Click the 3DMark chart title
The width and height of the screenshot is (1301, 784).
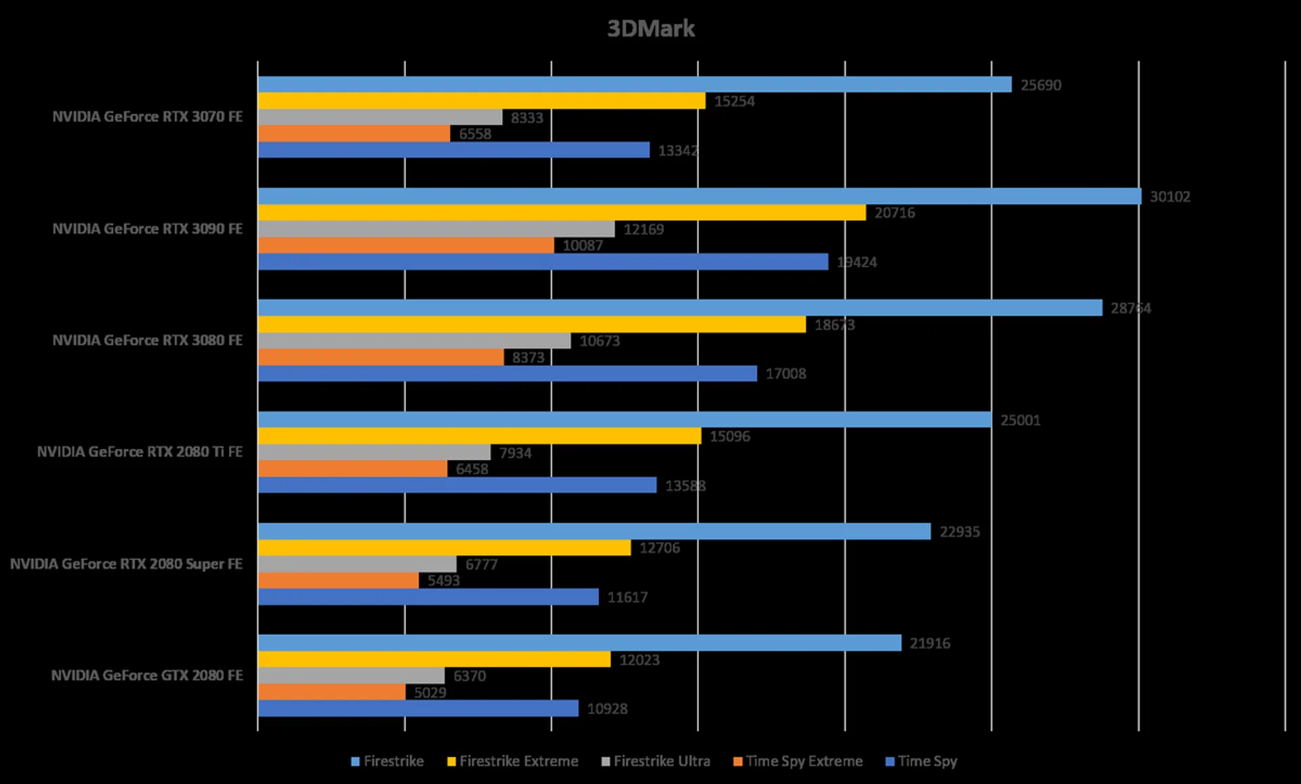coord(650,28)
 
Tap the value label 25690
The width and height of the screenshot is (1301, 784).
coord(1041,85)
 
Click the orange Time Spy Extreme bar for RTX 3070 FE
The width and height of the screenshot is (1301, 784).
coord(354,133)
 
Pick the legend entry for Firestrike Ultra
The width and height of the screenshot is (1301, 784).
coord(655,761)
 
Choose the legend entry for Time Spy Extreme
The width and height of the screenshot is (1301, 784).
coord(798,761)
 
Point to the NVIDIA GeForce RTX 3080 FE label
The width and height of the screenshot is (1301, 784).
coord(147,340)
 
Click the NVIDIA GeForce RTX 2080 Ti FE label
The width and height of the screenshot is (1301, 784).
coord(140,452)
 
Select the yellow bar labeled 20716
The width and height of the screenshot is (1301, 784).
coord(562,213)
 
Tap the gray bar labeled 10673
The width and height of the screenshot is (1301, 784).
coord(414,341)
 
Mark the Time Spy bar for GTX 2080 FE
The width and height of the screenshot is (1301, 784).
coord(418,709)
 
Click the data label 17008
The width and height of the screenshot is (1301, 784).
coord(785,374)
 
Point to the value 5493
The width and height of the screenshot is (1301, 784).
coord(443,581)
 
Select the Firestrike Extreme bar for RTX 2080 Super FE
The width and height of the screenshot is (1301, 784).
coord(444,548)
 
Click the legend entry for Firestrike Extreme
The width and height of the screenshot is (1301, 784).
coord(512,761)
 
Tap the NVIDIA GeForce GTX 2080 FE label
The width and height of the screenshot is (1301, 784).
coord(147,676)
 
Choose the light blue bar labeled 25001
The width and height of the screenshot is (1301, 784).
coord(624,420)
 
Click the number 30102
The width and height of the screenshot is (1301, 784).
coord(1170,197)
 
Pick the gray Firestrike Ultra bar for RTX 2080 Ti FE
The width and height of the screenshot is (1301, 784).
coord(374,453)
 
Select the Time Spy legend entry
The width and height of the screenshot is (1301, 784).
coord(921,761)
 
